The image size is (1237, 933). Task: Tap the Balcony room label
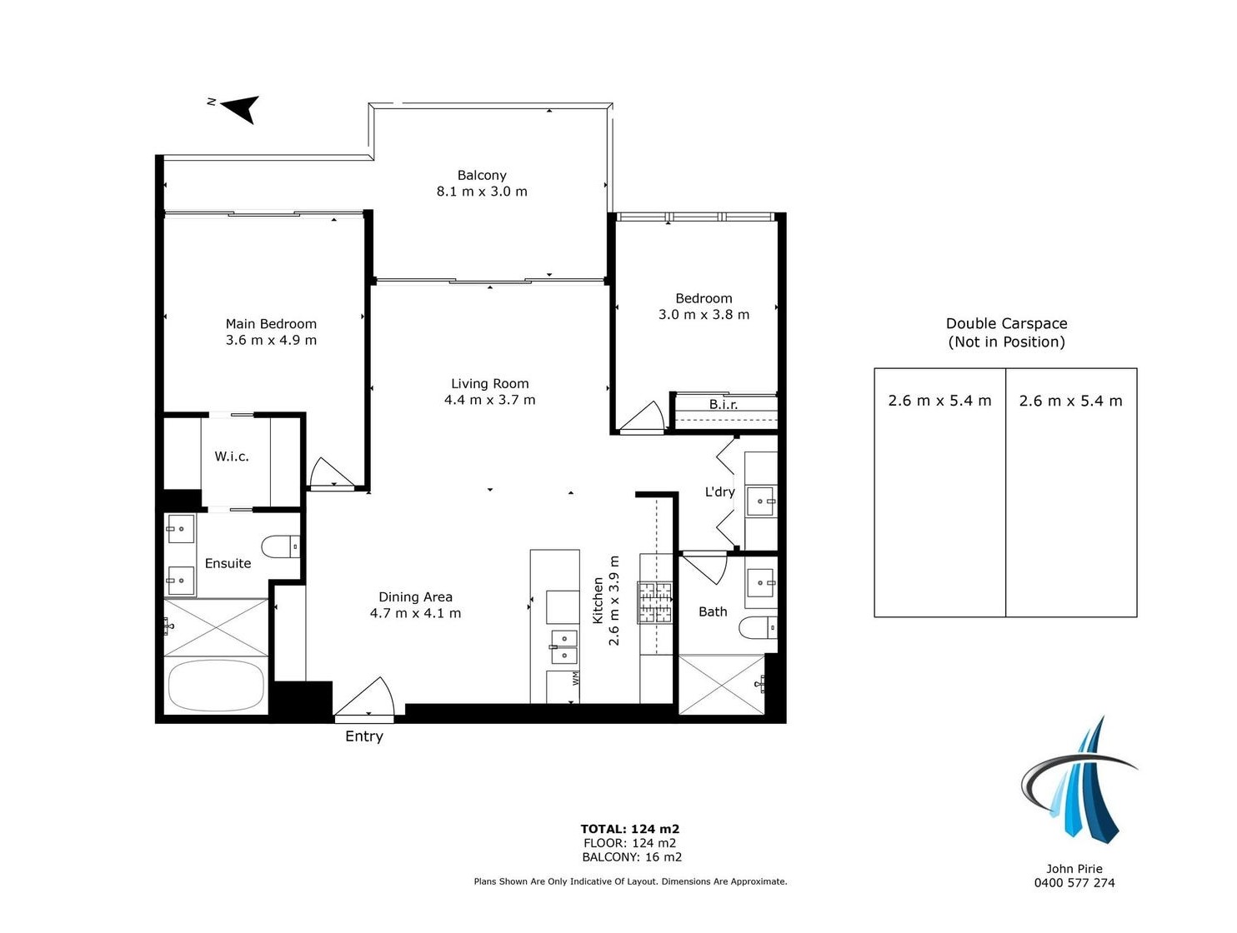[481, 175]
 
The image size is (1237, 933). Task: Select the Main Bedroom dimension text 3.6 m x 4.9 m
[271, 340]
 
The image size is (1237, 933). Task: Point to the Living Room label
[490, 383]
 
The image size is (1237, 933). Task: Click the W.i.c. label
[232, 456]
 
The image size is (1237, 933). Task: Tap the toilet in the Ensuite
[280, 546]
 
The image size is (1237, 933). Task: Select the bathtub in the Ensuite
[216, 686]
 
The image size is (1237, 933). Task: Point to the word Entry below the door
[364, 736]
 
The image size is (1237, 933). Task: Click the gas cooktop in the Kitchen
[655, 602]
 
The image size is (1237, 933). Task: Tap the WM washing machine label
[575, 678]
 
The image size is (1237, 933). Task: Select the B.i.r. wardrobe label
[723, 404]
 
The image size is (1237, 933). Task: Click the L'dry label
[719, 491]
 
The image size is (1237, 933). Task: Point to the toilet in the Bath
[758, 627]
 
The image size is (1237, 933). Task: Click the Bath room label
[713, 611]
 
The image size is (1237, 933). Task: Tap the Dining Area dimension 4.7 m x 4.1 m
[415, 613]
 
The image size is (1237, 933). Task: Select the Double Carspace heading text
[1006, 324]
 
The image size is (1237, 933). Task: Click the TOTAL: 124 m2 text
[630, 829]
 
